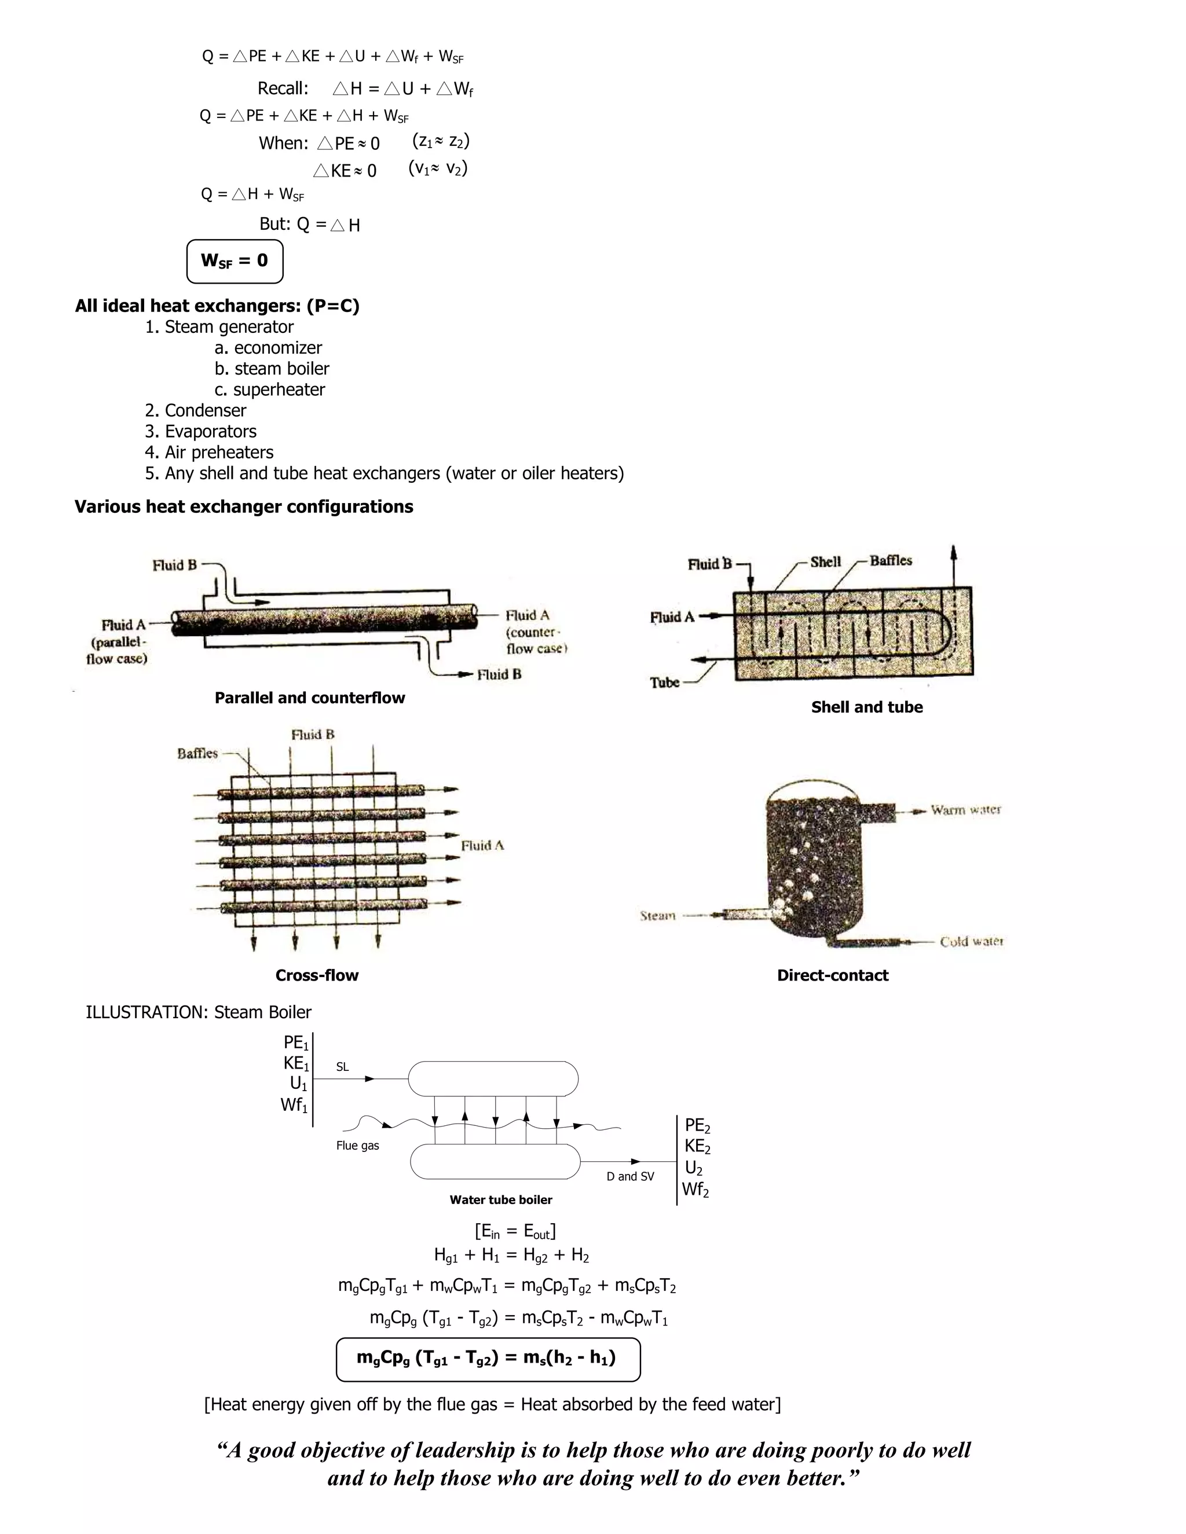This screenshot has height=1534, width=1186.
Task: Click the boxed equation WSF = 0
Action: (x=235, y=261)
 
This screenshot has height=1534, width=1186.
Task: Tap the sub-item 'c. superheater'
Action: (x=270, y=390)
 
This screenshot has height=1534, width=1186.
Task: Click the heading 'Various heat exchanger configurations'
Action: (x=244, y=507)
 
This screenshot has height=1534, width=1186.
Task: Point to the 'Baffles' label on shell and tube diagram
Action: (x=890, y=560)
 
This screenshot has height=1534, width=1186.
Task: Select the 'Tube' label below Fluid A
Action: (x=664, y=682)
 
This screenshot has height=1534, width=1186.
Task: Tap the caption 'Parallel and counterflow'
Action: (x=310, y=698)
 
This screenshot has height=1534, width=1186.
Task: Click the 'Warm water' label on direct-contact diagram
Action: (x=965, y=810)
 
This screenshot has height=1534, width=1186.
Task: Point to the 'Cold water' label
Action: (x=971, y=941)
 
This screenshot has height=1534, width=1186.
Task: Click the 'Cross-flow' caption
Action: (x=317, y=975)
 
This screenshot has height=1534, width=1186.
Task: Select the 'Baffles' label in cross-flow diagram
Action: (x=197, y=754)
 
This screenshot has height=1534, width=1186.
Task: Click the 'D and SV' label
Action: (x=629, y=1176)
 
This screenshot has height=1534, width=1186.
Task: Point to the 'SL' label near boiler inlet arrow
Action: (x=342, y=1067)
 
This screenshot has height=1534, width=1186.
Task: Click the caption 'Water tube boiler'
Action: (x=501, y=1199)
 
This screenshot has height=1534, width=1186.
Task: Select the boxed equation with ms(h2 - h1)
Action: (x=488, y=1360)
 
